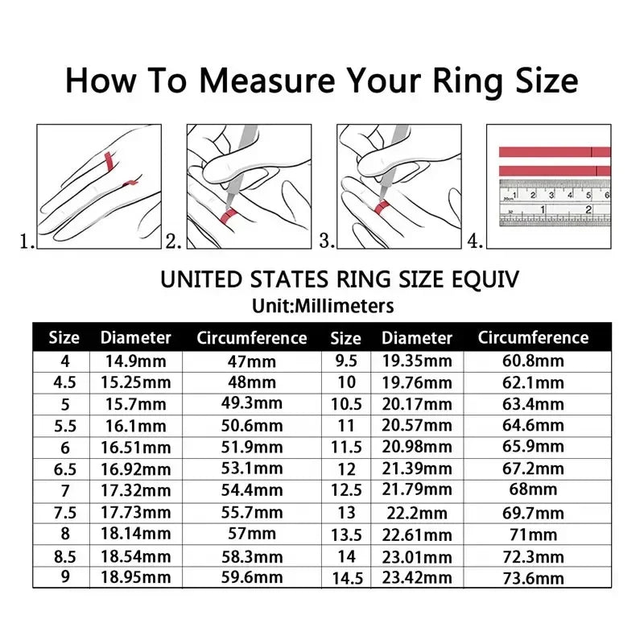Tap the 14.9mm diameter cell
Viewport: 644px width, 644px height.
pyautogui.click(x=135, y=361)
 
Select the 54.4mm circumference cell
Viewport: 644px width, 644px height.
pyautogui.click(x=252, y=490)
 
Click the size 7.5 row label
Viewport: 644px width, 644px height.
pyautogui.click(x=66, y=512)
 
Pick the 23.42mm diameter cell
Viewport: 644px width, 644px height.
pyautogui.click(x=417, y=577)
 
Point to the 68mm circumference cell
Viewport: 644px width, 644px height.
pyautogui.click(x=533, y=490)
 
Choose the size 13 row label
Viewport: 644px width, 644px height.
pyautogui.click(x=345, y=512)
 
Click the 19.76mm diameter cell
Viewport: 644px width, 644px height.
pyautogui.click(x=417, y=382)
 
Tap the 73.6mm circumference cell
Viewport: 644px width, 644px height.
pyautogui.click(x=533, y=577)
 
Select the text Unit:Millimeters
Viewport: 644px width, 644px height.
pyautogui.click(x=322, y=306)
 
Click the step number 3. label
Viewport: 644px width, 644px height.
pyautogui.click(x=327, y=240)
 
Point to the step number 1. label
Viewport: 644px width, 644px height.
pyautogui.click(x=27, y=240)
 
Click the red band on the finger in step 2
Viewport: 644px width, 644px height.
pyautogui.click(x=227, y=214)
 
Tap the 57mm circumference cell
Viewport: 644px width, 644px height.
pyautogui.click(x=252, y=534)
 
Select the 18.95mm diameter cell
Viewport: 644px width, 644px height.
pyautogui.click(x=135, y=576)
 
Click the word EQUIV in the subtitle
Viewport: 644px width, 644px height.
pyautogui.click(x=485, y=279)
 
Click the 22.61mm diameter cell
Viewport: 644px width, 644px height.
pyautogui.click(x=417, y=534)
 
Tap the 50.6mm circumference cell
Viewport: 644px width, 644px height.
pyautogui.click(x=252, y=425)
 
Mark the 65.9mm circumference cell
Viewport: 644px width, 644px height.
pyautogui.click(x=533, y=447)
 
